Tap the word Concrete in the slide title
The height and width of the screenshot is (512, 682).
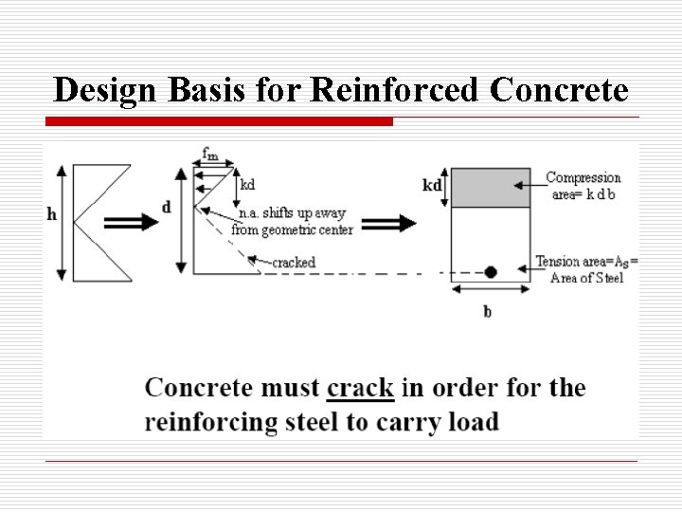tap(559, 90)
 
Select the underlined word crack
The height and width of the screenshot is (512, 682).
tap(360, 389)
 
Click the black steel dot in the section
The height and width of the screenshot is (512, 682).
tap(491, 272)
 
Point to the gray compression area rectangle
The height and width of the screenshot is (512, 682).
tap(490, 187)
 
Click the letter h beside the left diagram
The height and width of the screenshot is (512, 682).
tap(51, 214)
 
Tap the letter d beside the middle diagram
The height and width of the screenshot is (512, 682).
tap(168, 207)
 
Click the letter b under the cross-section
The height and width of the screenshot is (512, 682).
tap(488, 312)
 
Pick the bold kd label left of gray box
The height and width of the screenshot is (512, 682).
tap(432, 185)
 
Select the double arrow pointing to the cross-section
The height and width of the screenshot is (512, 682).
tap(387, 223)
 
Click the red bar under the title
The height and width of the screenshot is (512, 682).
tap(218, 121)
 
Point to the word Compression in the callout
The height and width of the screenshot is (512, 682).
tap(583, 177)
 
